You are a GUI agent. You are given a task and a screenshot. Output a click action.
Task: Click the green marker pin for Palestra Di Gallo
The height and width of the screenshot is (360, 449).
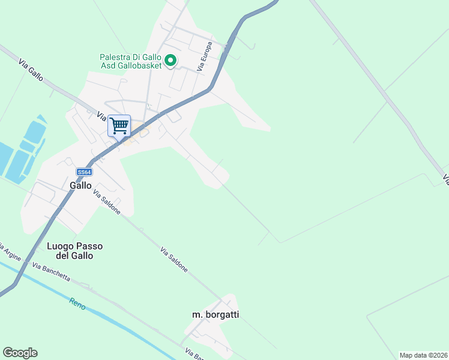pyautogui.click(x=170, y=60)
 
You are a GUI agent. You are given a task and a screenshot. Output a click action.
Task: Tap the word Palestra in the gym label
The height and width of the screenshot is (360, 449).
pyautogui.click(x=115, y=58)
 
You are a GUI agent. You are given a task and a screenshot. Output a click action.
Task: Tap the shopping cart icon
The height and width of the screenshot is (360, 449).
pyautogui.click(x=119, y=126)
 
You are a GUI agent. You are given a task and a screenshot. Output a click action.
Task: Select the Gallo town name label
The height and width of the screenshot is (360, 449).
pyautogui.click(x=80, y=186)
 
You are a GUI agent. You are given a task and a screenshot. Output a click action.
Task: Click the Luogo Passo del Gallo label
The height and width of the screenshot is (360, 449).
pyautogui.click(x=74, y=251)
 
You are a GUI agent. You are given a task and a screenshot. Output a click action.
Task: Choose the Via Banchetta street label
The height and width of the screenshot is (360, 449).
pyautogui.click(x=51, y=272)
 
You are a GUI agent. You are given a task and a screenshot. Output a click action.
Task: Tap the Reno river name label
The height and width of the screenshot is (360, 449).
pyautogui.click(x=77, y=304)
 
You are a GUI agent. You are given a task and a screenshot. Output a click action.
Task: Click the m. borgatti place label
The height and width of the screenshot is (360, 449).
pyautogui.click(x=215, y=314)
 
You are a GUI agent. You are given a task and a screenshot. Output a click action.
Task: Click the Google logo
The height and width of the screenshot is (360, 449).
pyautogui.click(x=20, y=353)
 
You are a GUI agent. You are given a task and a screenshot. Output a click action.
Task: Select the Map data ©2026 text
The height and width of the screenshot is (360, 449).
pyautogui.click(x=423, y=355)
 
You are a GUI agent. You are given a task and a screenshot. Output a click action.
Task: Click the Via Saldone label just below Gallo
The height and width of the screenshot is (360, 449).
pyautogui.click(x=107, y=203)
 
